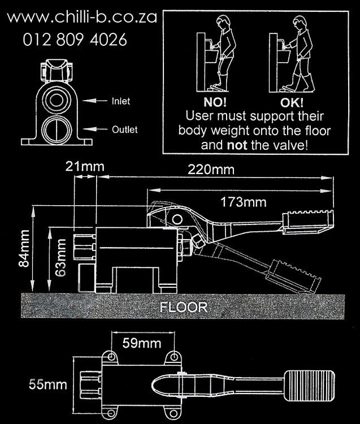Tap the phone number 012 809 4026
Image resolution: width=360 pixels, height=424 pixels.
pyautogui.click(x=75, y=40)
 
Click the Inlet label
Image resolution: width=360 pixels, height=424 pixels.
pyautogui.click(x=120, y=101)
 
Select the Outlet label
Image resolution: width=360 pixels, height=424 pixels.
pyautogui.click(x=124, y=129)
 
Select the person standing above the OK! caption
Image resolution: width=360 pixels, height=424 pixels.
pyautogui.click(x=298, y=54)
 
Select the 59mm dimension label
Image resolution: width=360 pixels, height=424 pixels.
pyautogui.click(x=141, y=343)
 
